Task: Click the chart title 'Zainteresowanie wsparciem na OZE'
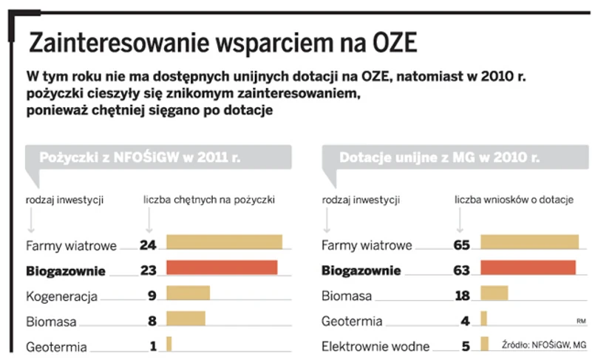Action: pos(222,44)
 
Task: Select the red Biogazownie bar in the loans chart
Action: pos(222,268)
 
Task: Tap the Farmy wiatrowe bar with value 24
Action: pos(225,242)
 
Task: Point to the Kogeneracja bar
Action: pos(188,293)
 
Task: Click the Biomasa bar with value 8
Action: pos(186,319)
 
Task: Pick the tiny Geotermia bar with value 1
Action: pos(169,344)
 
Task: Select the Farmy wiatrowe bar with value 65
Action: pos(529,242)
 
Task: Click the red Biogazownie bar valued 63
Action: pos(528,268)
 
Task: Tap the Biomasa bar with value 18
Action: pos(494,293)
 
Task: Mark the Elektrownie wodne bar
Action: pos(485,344)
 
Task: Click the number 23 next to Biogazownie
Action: pos(148,270)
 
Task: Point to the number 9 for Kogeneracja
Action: pos(152,296)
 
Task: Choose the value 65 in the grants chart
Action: pos(461,245)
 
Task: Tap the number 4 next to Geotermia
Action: pos(465,321)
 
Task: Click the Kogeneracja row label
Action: pos(62,296)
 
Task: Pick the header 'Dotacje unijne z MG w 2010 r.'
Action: pos(439,157)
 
